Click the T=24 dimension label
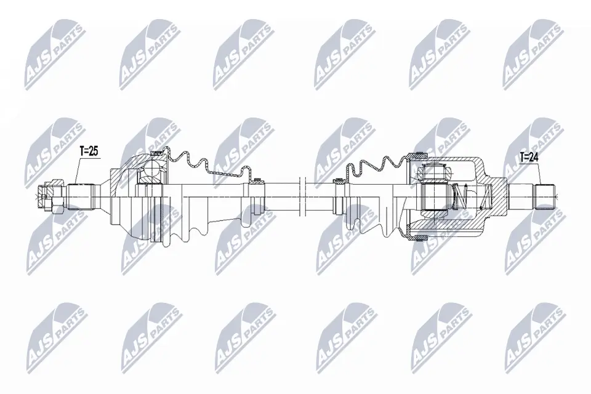pyautogui.click(x=529, y=158)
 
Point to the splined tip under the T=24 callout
pyautogui.click(x=544, y=196)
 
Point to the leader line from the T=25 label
pyautogui.click(x=78, y=169)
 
